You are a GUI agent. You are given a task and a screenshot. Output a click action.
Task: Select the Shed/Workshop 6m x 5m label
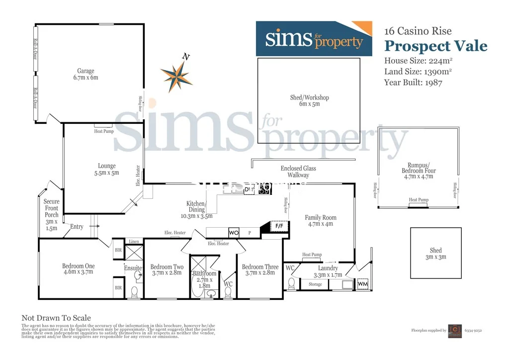pyautogui.click(x=309, y=101)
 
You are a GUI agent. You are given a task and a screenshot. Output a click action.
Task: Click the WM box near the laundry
pyautogui.click(x=363, y=284)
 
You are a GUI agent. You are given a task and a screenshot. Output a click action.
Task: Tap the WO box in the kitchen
pyautogui.click(x=234, y=233)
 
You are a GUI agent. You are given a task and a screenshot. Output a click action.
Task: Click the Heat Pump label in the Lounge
pyautogui.click(x=104, y=131)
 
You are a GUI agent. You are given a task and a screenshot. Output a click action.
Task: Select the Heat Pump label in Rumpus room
pyautogui.click(x=418, y=200)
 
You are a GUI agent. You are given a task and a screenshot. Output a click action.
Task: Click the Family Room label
pyautogui.click(x=321, y=221)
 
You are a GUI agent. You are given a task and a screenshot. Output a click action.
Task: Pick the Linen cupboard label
pyautogui.click(x=134, y=241)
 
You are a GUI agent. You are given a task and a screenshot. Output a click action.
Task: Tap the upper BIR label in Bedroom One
pyautogui.click(x=118, y=250)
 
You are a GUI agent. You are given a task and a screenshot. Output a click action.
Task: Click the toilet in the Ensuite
pyautogui.click(x=134, y=291)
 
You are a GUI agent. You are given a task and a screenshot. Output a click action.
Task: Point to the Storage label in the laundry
pyautogui.click(x=315, y=284)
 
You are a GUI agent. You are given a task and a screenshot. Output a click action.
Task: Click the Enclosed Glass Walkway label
pyautogui.click(x=298, y=172)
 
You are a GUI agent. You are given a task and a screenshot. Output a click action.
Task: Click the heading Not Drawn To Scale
pyautogui.click(x=56, y=318)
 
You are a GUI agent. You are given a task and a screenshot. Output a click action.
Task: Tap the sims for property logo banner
pyautogui.click(x=314, y=39)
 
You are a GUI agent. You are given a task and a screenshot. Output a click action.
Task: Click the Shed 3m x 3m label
pyautogui.click(x=435, y=254)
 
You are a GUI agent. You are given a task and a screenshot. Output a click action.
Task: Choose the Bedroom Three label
pyautogui.click(x=260, y=270)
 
